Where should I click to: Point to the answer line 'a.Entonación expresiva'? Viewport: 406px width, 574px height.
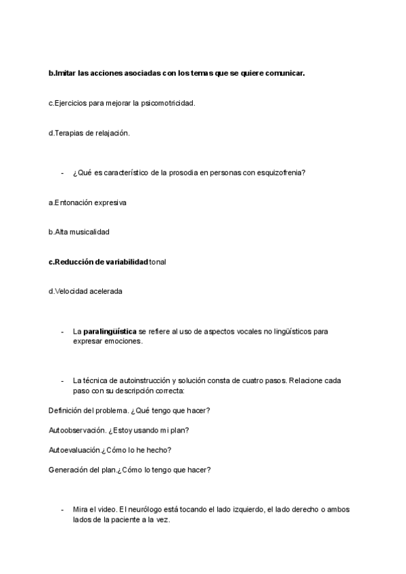tap(87, 202)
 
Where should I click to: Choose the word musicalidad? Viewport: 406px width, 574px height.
tap(90, 232)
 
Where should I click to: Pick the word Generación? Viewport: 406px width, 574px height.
tap(70, 470)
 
